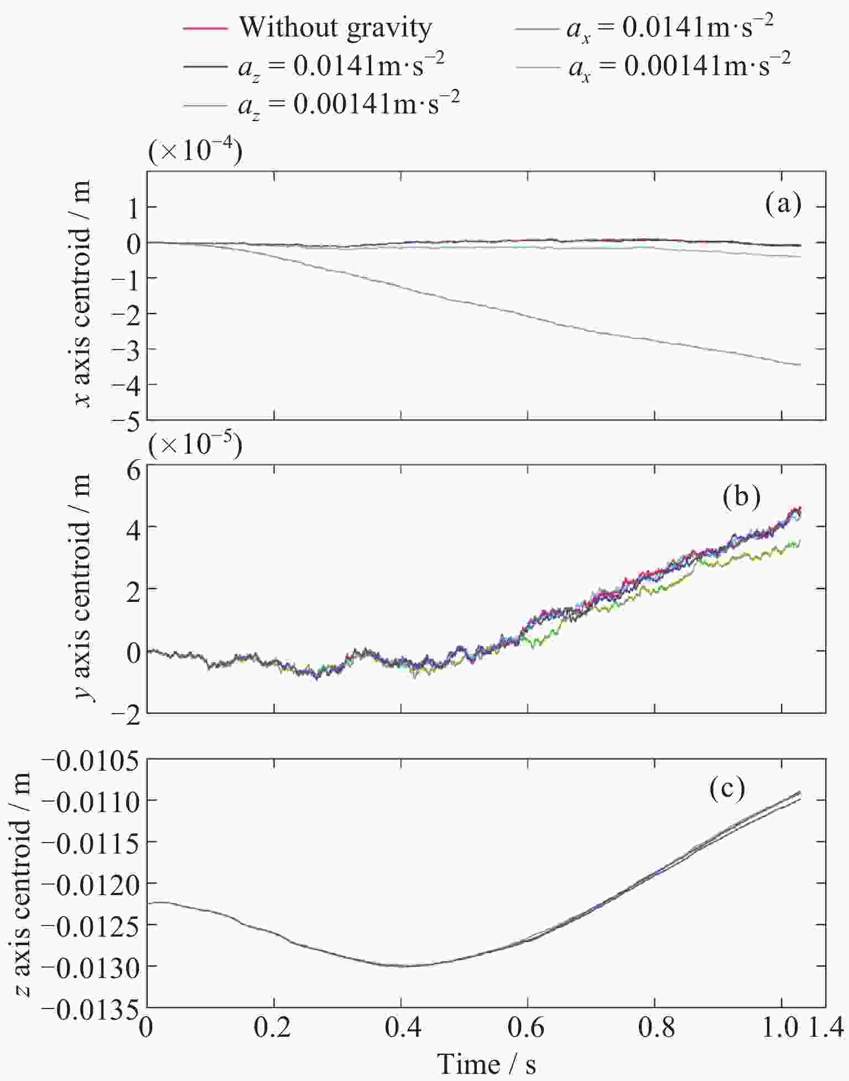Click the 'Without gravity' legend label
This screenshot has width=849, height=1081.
click(335, 28)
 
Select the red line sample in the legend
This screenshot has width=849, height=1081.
click(205, 28)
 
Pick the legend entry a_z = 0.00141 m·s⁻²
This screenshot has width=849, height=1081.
click(349, 104)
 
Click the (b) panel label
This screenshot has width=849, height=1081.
click(742, 496)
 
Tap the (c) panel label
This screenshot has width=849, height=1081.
click(727, 789)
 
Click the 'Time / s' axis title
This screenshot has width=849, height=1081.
click(487, 1063)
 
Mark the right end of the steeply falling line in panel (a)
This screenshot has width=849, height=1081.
click(800, 365)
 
